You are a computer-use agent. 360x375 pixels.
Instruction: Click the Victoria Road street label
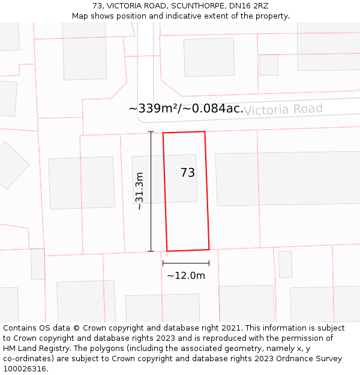pos(283,109)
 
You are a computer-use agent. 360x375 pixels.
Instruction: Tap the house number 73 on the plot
pos(188,173)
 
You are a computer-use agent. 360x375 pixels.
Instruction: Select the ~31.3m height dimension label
pos(140,191)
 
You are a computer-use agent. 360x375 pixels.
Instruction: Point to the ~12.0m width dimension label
pos(186,276)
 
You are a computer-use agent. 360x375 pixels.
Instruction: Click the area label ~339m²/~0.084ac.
pos(186,109)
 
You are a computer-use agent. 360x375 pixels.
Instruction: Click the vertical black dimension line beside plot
pos(151,191)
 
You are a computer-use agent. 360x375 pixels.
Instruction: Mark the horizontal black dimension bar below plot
pos(186,263)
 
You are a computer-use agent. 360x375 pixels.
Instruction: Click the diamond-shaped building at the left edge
pos(8,165)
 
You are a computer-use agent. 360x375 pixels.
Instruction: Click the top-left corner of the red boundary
pos(163,133)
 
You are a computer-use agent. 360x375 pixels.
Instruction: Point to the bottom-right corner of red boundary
pos(209,249)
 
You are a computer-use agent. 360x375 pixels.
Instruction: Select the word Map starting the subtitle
pos(80,16)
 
